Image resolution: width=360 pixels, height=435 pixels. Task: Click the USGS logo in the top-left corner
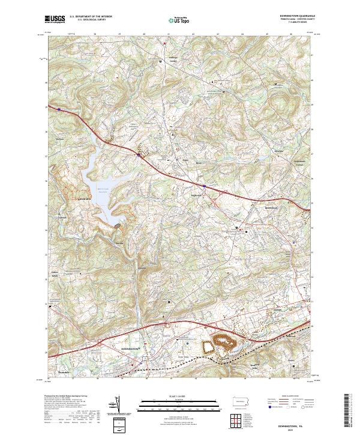click(x=55, y=19)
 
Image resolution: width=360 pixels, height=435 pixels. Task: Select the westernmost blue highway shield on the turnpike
click(x=59, y=109)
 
